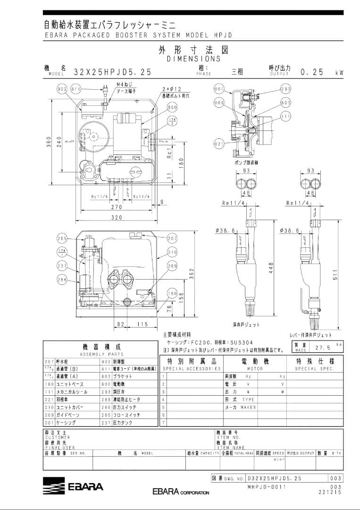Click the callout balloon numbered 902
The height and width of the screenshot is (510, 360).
point(62,89)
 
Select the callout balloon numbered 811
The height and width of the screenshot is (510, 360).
point(76,89)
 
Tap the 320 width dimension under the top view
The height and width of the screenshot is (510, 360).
point(117,217)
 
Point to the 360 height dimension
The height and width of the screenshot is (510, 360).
point(49,141)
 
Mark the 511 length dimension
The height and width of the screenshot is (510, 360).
point(335,278)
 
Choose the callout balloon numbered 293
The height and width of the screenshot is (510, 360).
point(286,89)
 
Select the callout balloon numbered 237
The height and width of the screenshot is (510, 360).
point(62,266)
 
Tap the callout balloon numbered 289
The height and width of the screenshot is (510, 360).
point(172,266)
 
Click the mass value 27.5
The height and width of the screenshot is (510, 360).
point(322,347)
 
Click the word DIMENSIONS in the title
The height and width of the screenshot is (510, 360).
point(193,59)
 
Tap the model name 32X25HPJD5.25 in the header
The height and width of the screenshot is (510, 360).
point(113,72)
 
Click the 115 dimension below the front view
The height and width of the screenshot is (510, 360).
point(142,324)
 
